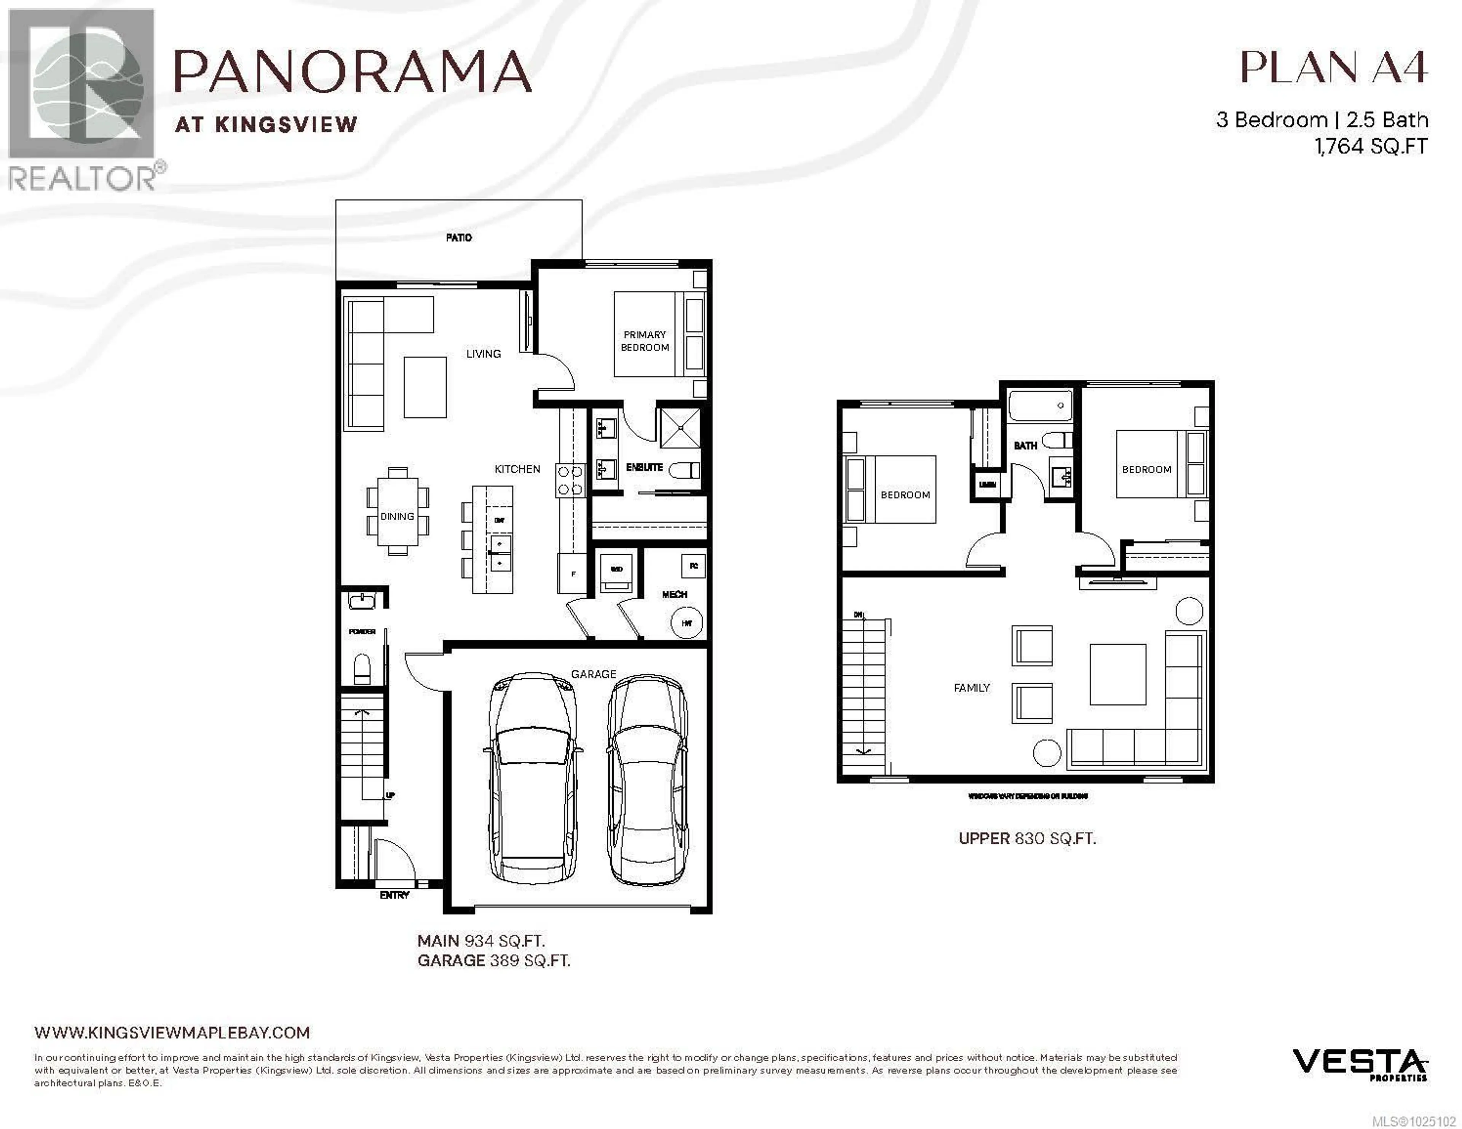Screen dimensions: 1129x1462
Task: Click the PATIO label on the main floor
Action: [x=458, y=237]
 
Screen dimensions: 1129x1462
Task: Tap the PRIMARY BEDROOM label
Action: [x=645, y=341]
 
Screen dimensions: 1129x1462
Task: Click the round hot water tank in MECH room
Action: [x=686, y=623]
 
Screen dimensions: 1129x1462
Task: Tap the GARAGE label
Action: [x=593, y=674]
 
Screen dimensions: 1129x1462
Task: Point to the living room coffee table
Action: [x=425, y=387]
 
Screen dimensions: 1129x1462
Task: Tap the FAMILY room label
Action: [x=971, y=687]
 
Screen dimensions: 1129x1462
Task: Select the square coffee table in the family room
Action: [x=1117, y=674]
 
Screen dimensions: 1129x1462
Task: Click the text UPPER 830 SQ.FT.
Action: [x=1027, y=839]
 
